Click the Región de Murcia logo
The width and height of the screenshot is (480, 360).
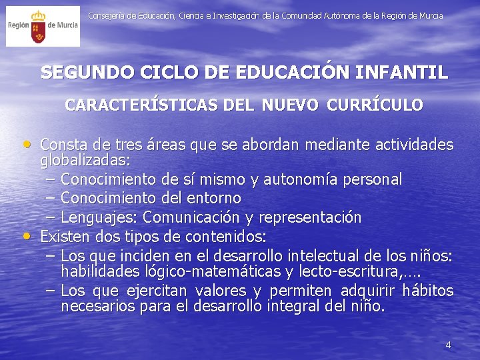43,26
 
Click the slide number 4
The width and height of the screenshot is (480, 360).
448,345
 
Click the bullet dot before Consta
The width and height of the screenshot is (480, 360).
27,143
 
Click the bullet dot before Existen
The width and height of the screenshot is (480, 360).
27,235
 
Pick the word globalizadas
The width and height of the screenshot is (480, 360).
85,161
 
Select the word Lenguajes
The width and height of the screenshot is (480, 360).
99,218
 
